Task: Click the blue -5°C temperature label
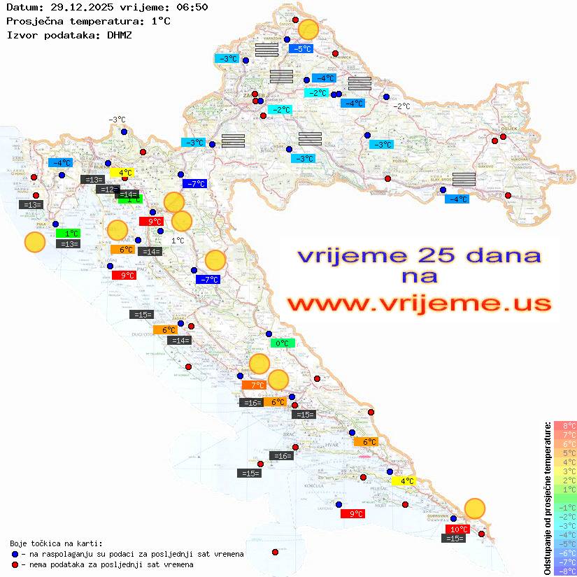coord(301,49)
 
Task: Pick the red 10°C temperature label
coord(458,529)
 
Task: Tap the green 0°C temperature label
coord(283,343)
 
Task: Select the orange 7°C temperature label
coord(254,385)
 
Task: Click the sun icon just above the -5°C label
coord(308,29)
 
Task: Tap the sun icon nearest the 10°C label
coord(475,508)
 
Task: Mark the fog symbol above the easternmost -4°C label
coord(464,178)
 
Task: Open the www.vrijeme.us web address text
coord(418,304)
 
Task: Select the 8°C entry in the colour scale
coord(565,425)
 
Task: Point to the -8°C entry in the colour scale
coord(565,571)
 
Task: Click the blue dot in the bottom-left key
coord(15,554)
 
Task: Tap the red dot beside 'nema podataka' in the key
coord(15,564)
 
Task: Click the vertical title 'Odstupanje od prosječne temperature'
coord(548,498)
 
